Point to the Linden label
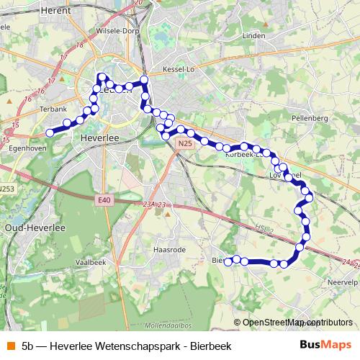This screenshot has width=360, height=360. (254, 35)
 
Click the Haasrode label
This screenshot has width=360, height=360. (170, 249)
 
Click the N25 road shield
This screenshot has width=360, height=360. (185, 144)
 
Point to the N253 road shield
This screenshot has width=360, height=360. (6, 189)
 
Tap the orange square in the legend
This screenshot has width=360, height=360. (9, 346)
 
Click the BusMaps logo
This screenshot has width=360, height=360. (325, 345)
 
